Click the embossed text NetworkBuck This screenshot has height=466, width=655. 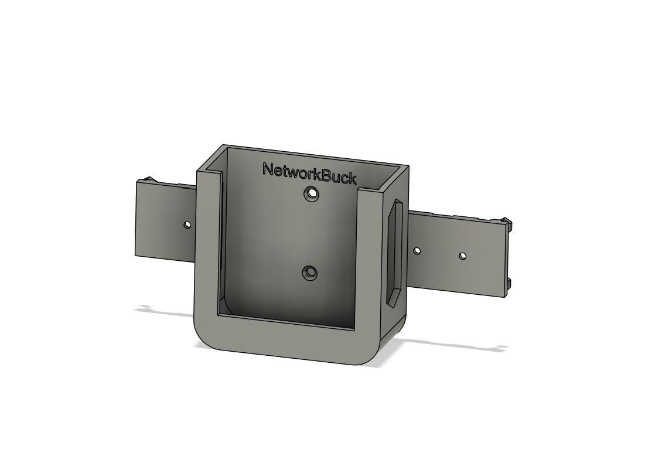click(309, 174)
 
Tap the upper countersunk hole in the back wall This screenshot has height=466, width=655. click(311, 193)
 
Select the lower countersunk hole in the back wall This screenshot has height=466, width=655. click(309, 273)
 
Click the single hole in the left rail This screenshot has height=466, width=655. click(187, 225)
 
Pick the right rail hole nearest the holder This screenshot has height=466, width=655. click(417, 251)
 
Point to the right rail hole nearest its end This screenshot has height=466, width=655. click(462, 256)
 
